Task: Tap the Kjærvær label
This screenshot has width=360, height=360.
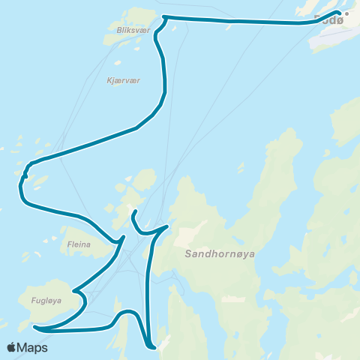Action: click(124, 80)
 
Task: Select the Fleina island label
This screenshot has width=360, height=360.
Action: click(79, 244)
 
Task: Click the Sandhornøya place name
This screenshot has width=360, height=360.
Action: click(220, 254)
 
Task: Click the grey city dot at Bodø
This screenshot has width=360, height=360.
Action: click(346, 13)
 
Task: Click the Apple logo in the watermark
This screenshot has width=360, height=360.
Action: click(12, 347)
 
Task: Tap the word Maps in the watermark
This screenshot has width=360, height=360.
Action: click(33, 347)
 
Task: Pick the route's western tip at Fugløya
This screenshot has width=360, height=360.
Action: click(34, 327)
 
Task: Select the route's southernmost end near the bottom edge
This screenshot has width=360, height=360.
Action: click(154, 347)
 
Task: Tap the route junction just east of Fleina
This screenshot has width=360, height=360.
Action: click(121, 240)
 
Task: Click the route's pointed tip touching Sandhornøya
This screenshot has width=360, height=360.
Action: click(167, 225)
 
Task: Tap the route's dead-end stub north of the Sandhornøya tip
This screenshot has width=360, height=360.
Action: click(133, 213)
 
